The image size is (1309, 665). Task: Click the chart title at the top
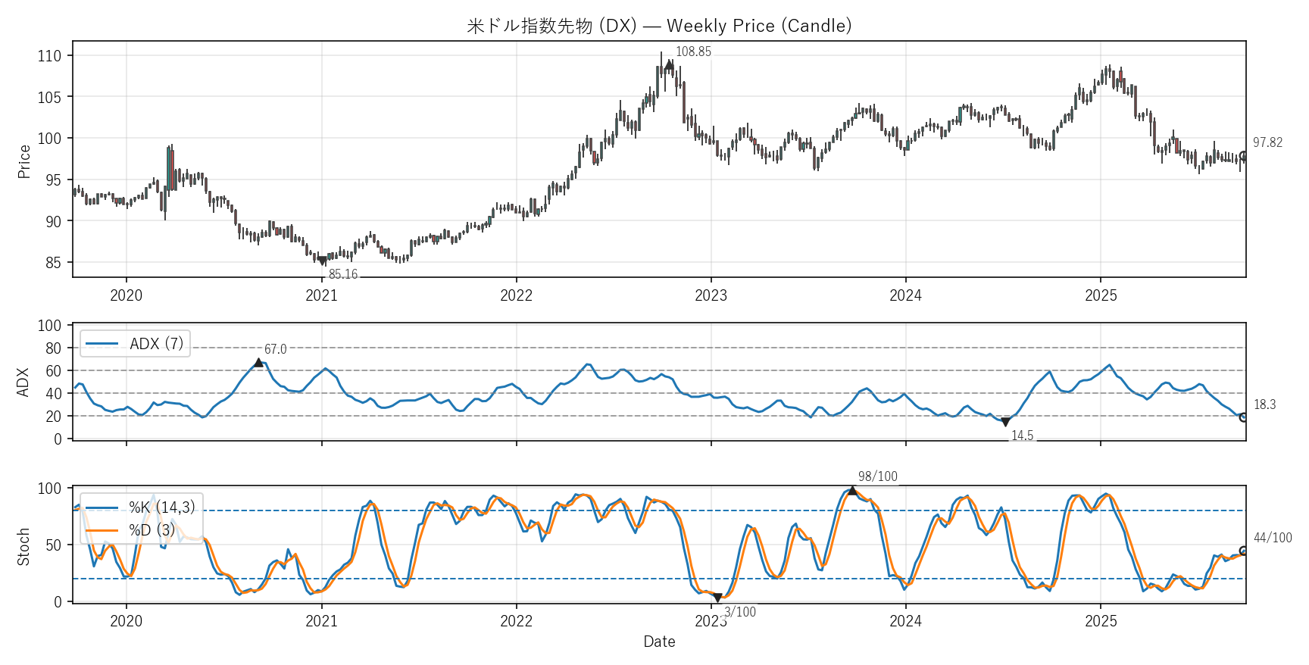(659, 26)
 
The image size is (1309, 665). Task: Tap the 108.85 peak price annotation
(693, 52)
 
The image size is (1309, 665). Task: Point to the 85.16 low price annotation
(343, 274)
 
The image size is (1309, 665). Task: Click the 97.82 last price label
(1267, 142)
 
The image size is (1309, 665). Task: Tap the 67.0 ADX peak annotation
(275, 349)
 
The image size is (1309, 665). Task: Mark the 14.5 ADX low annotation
(1022, 436)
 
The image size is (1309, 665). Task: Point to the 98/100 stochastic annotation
(877, 476)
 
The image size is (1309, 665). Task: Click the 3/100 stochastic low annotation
(740, 612)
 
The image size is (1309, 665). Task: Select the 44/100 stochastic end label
(1273, 538)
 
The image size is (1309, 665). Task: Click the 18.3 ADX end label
(1264, 404)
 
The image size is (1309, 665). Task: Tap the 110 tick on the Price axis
(49, 55)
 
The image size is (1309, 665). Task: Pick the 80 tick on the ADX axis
(53, 348)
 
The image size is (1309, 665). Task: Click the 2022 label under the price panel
(516, 295)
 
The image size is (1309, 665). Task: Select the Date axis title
(659, 642)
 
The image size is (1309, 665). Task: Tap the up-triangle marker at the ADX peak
(258, 363)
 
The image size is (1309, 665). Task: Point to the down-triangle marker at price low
(323, 261)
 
